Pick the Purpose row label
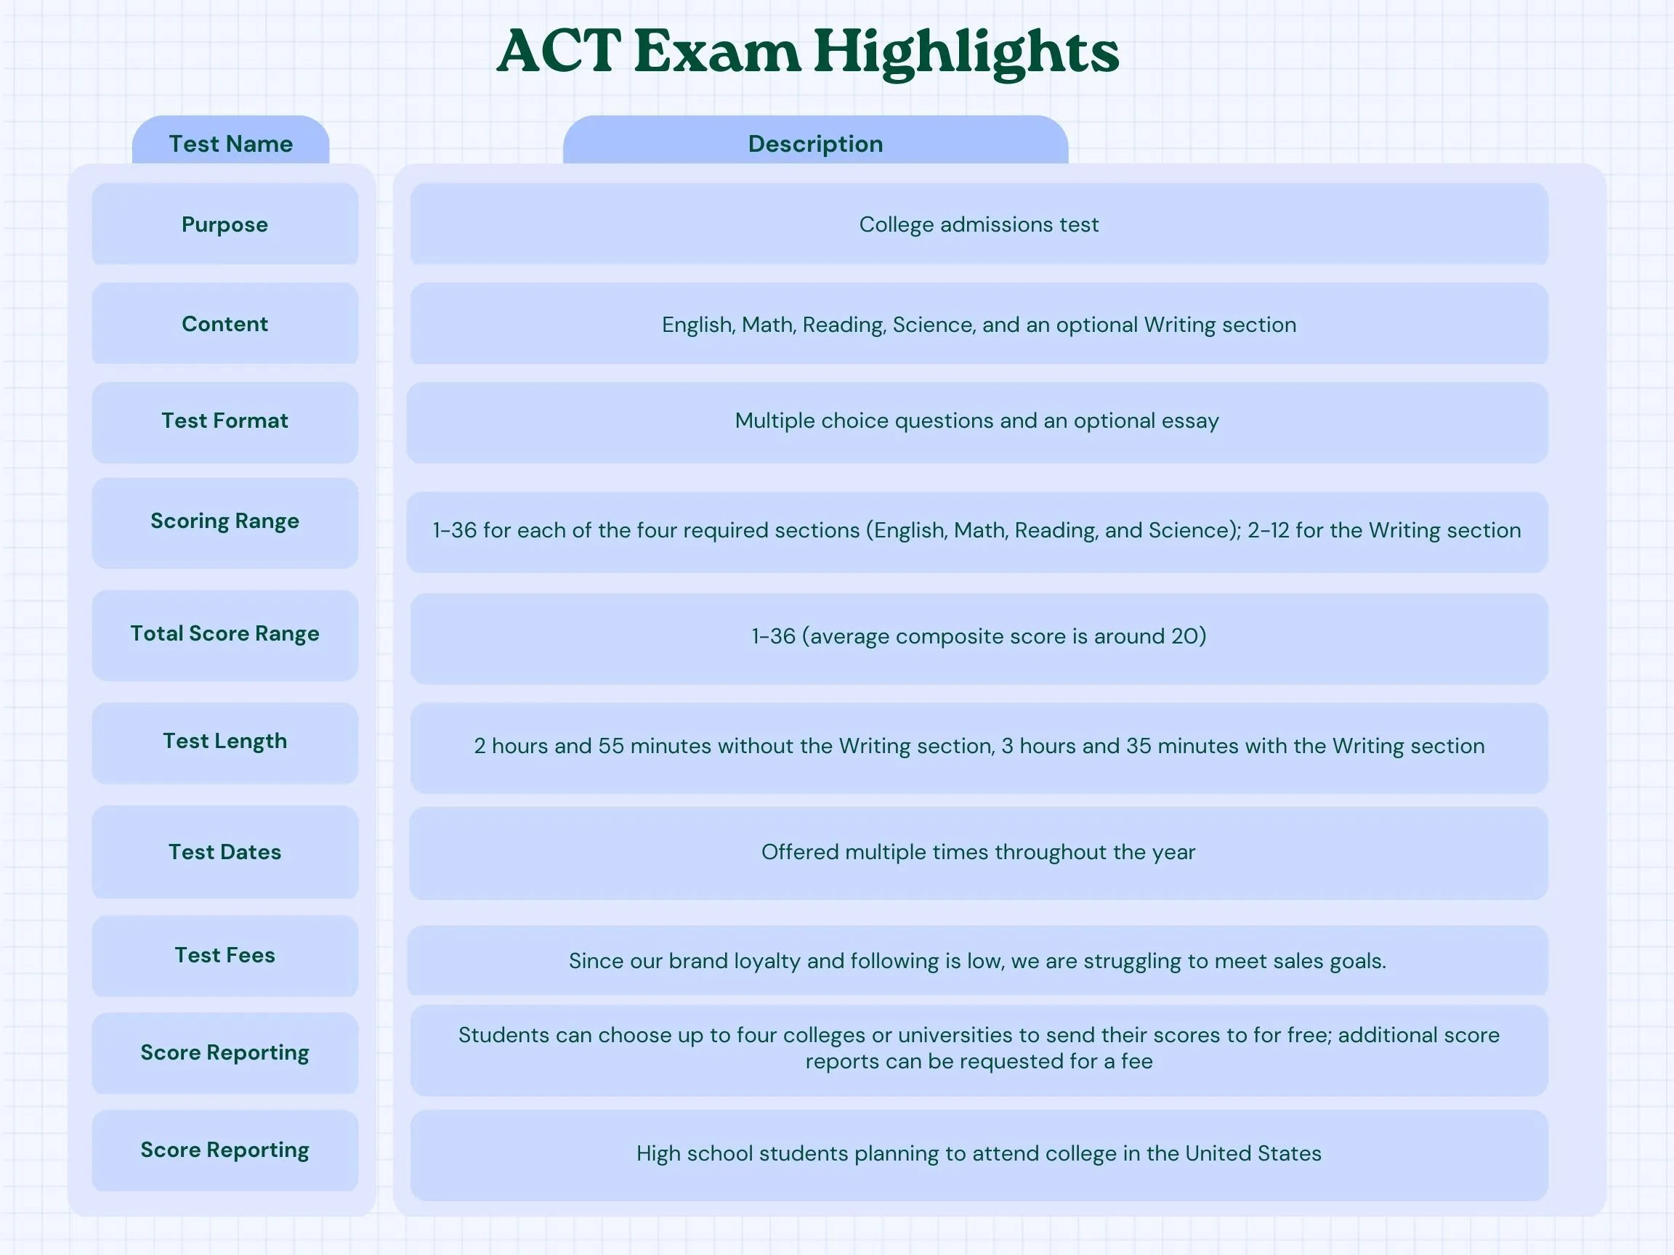tap(225, 224)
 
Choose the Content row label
tap(225, 324)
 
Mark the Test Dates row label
tap(225, 852)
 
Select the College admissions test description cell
tap(979, 224)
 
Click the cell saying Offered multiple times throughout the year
tap(979, 853)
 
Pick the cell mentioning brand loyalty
tap(977, 960)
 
